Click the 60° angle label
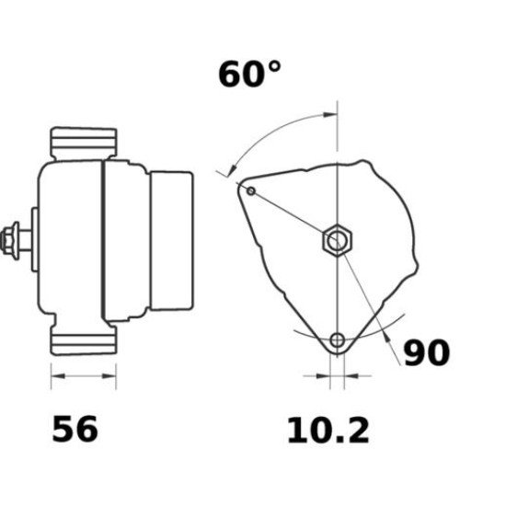248,75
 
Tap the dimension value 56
75,429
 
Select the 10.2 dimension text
328,429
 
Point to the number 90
426,352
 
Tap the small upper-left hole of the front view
250,190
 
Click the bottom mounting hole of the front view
338,341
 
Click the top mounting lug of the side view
84,142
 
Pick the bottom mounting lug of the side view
84,341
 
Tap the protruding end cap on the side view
173,241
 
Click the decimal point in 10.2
333,440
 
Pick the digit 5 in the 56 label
63,429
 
